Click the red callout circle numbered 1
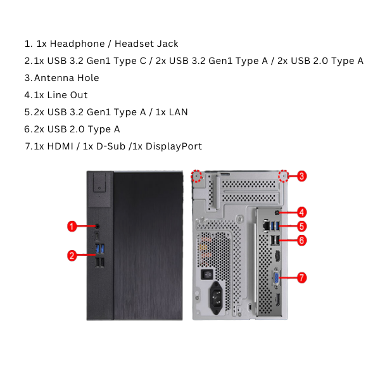[72, 225]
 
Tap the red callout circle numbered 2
[72, 256]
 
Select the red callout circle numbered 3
[302, 176]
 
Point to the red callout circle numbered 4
[302, 212]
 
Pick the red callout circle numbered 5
[302, 226]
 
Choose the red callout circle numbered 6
[302, 240]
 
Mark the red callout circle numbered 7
[302, 277]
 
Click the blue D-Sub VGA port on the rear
[277, 277]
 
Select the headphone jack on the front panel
[97, 226]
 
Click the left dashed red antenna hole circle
[197, 175]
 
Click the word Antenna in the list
[53, 78]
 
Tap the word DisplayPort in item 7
[174, 146]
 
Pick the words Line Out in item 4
[67, 95]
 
